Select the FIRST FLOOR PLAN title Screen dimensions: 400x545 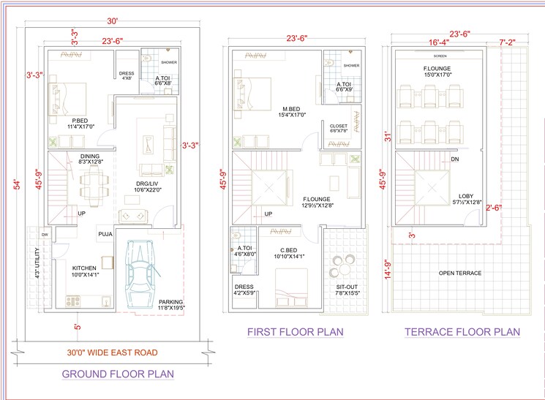pyautogui.click(x=295, y=332)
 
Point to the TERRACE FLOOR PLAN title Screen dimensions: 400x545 pyautogui.click(x=462, y=332)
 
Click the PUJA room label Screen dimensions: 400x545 pyautogui.click(x=105, y=234)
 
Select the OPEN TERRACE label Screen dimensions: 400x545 pyautogui.click(x=459, y=273)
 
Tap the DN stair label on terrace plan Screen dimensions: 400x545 pyautogui.click(x=455, y=159)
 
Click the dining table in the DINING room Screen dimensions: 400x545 pyautogui.click(x=92, y=179)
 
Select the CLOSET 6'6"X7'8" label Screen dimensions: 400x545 pyautogui.click(x=338, y=129)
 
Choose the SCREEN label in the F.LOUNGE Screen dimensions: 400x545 pyautogui.click(x=440, y=56)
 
